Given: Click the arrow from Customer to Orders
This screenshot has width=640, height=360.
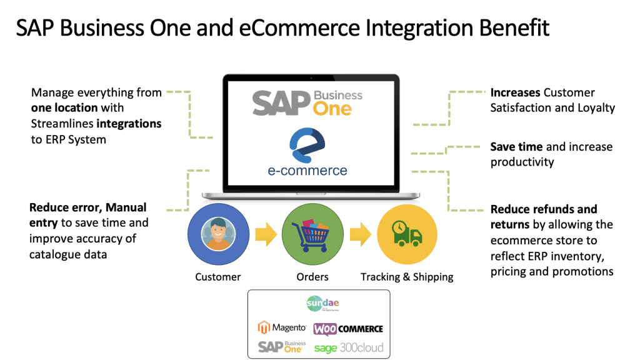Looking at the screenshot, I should tap(265, 236).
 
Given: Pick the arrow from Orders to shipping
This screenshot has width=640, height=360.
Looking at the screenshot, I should tap(360, 236).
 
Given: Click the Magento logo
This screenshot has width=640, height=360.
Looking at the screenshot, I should tap(282, 327).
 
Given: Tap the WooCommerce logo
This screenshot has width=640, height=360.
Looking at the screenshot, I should tap(348, 328).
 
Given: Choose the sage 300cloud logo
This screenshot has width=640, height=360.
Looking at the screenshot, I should tap(349, 347).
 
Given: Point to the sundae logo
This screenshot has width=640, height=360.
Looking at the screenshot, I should tap(322, 304).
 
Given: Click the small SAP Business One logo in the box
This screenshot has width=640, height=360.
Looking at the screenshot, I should tap(282, 347).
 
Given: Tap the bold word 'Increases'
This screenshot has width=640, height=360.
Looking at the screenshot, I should tap(515, 92).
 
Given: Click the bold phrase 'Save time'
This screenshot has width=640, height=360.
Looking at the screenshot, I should tap(517, 147).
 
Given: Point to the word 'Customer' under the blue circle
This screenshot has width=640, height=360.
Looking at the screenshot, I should tap(217, 277).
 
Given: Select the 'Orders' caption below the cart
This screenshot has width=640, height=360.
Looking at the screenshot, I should tap(312, 277).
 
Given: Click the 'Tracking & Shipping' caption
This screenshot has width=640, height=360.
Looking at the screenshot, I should tap(407, 277).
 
